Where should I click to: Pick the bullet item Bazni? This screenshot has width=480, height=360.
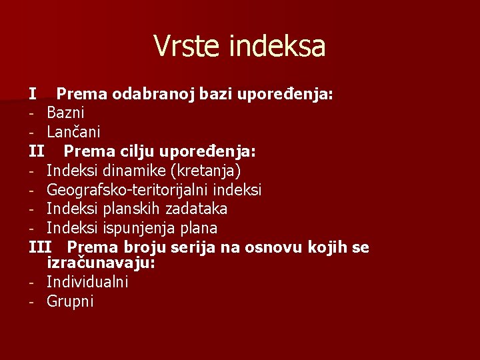point(65,113)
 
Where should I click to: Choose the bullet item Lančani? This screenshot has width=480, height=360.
point(73,133)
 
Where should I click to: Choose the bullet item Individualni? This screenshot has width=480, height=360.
point(87,282)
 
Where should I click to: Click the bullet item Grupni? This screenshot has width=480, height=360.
point(70,302)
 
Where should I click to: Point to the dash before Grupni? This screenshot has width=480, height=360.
point(31,302)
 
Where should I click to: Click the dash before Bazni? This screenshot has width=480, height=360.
point(31,113)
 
